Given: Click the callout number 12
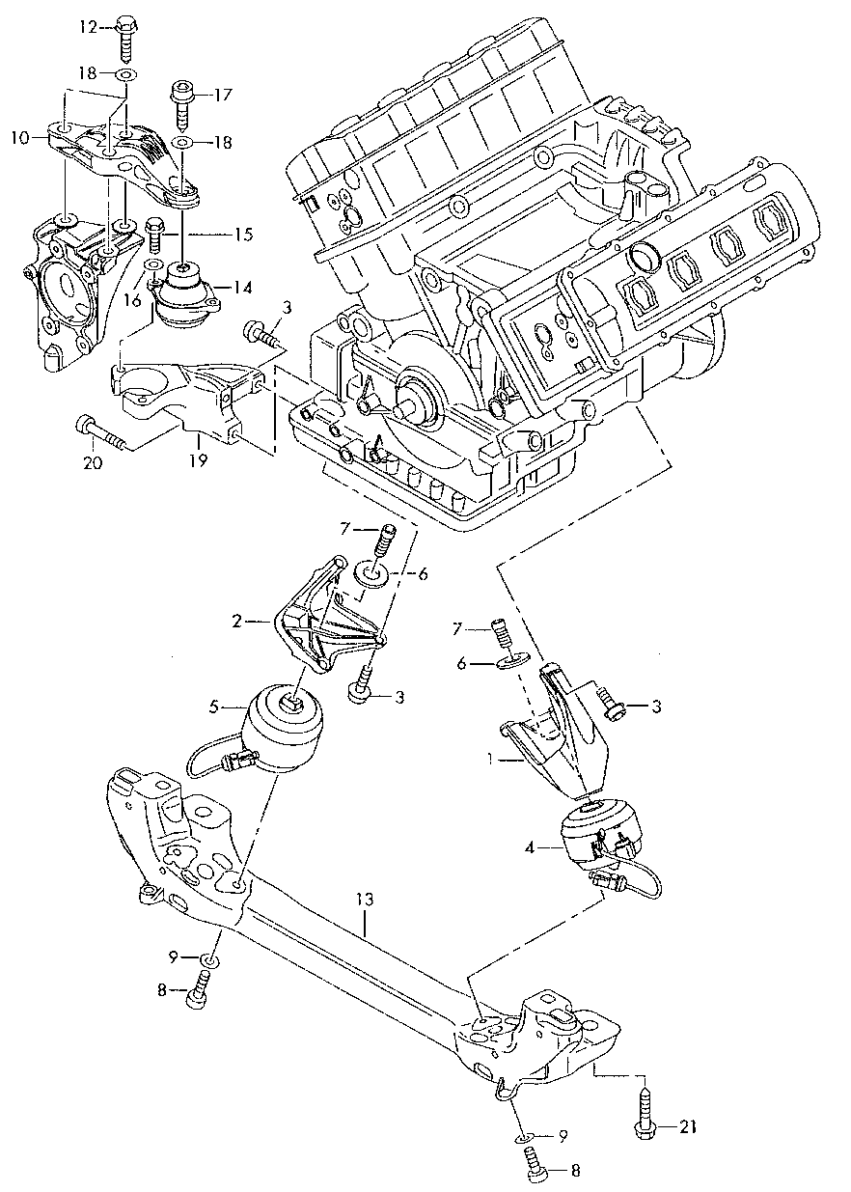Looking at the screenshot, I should pyautogui.click(x=88, y=27).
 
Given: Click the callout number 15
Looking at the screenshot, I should pyautogui.click(x=243, y=235).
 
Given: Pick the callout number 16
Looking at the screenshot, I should pyautogui.click(x=132, y=300).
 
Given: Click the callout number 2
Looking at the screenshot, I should pyautogui.click(x=236, y=622).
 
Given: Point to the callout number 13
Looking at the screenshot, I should pyautogui.click(x=363, y=900).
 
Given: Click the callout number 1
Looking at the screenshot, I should pyautogui.click(x=490, y=759).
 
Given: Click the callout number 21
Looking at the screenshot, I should pyautogui.click(x=686, y=1125).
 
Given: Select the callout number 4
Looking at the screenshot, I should pyautogui.click(x=530, y=849).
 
